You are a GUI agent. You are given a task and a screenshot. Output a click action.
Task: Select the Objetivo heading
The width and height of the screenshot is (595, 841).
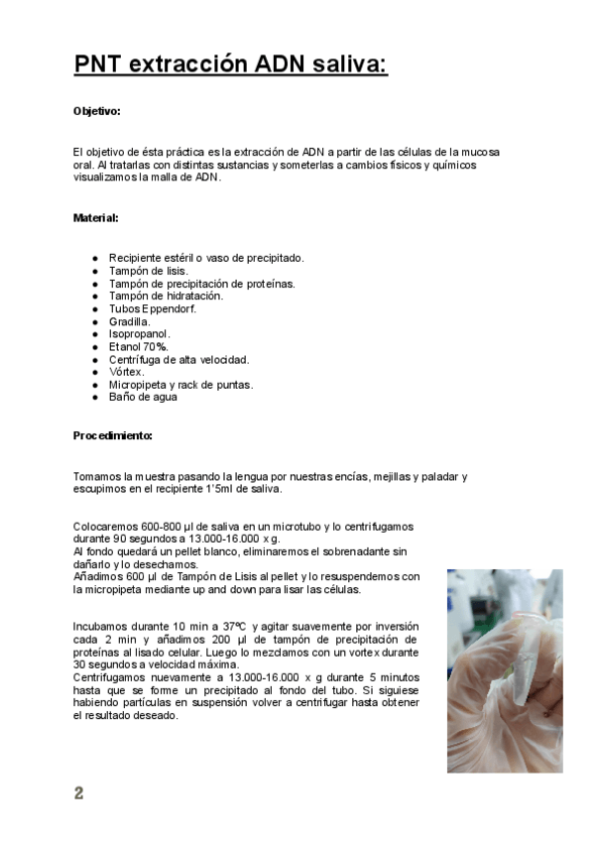click(97, 111)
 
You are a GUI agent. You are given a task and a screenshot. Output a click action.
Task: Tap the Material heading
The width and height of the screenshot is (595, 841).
click(96, 217)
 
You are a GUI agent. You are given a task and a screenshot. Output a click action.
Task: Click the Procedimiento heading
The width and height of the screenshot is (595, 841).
click(113, 435)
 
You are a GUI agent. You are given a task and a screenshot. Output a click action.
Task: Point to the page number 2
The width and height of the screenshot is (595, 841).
click(78, 793)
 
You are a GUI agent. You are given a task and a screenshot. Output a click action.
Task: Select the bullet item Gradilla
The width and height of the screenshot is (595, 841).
click(130, 321)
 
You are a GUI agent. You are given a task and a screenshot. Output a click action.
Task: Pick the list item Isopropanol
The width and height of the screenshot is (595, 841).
click(139, 334)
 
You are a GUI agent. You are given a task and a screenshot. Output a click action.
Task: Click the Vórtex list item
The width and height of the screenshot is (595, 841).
click(126, 372)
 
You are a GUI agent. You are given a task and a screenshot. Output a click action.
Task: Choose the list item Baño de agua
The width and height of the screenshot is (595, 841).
click(143, 397)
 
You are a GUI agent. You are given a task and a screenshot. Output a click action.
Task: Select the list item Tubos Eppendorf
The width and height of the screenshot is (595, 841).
click(153, 308)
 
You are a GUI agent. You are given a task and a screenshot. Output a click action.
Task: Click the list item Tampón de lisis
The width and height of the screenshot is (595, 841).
click(148, 271)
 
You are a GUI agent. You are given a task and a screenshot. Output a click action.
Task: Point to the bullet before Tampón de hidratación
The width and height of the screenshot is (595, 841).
click(95, 296)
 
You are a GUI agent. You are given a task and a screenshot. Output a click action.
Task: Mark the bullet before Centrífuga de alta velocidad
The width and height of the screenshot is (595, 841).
click(95, 359)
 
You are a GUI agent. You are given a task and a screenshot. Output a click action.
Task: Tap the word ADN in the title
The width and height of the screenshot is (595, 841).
click(283, 65)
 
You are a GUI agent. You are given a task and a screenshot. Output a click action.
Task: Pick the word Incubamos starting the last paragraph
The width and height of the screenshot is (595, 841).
click(101, 627)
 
